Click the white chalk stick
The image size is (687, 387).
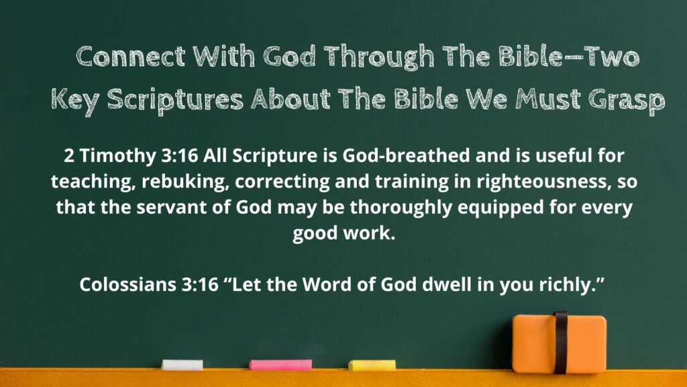pos(182,365)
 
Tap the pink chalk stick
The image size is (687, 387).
pos(281,365)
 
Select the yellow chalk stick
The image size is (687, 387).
pos(372,365)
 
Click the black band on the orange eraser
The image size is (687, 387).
pos(560,342)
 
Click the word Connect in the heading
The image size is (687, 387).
pos(131,56)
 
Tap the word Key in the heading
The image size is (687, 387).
pos(74,101)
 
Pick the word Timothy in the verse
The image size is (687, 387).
pos(117,157)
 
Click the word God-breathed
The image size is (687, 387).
pos(406,155)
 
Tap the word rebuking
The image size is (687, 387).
pos(185,181)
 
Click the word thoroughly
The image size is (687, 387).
pos(401,208)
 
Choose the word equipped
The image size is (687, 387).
pos(500,208)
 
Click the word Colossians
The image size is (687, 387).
pos(127,284)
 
